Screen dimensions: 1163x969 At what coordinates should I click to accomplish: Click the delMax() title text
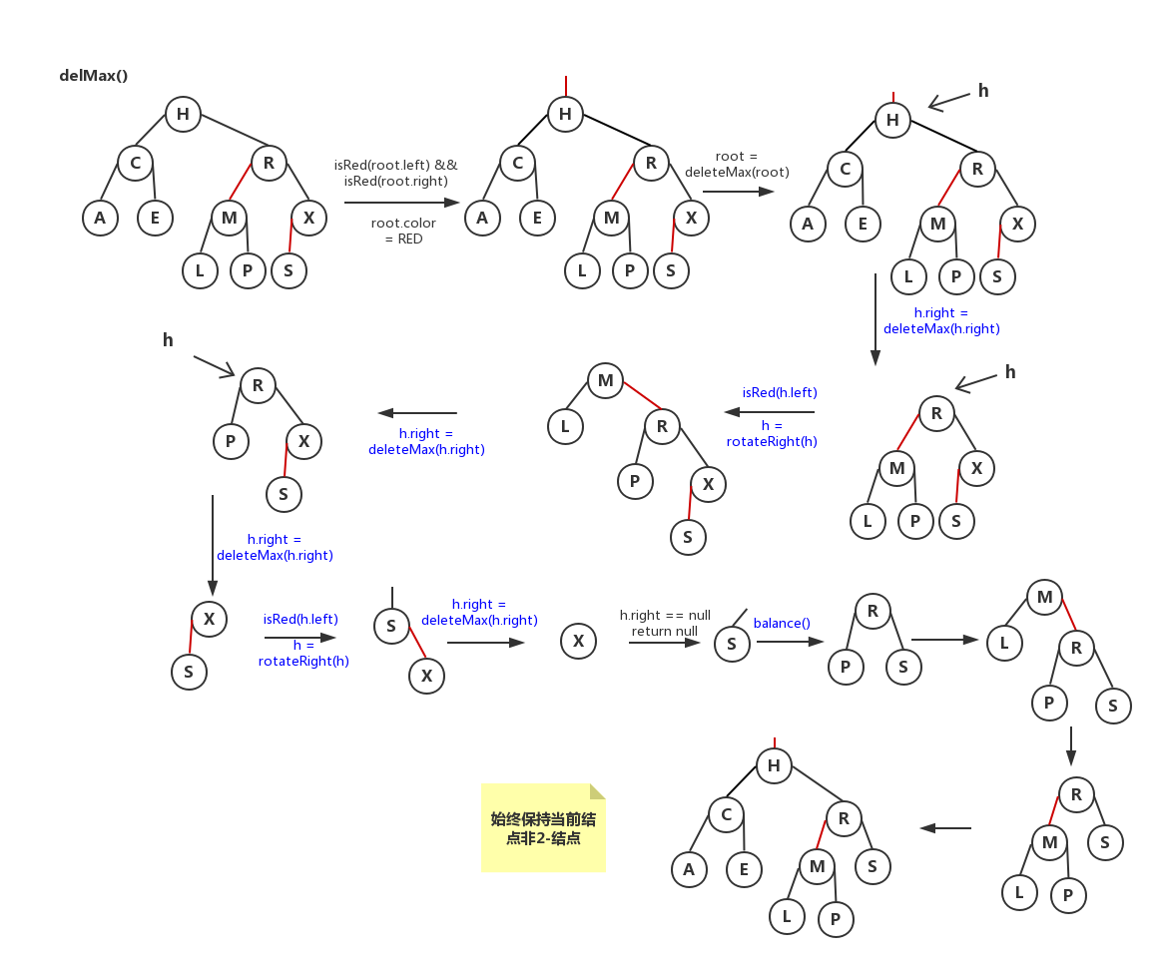(x=94, y=76)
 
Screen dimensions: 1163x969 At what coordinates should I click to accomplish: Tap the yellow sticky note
(x=543, y=828)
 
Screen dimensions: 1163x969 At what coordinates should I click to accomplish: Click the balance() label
(x=782, y=623)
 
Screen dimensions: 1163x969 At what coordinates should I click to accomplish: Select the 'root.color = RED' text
(x=403, y=232)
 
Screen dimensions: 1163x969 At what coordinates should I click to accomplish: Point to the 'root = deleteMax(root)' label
(x=737, y=165)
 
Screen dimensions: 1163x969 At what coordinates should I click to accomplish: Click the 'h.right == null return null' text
(x=665, y=623)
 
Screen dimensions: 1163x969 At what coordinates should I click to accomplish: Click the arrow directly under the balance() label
(x=790, y=642)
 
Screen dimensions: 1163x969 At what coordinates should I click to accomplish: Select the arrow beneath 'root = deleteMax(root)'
(x=738, y=191)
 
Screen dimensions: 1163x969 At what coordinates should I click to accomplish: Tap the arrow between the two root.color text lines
(x=401, y=203)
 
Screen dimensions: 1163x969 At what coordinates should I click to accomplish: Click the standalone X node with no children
(x=578, y=641)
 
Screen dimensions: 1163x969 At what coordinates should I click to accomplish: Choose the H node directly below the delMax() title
(x=183, y=114)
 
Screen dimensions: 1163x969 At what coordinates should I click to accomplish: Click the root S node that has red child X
(x=391, y=627)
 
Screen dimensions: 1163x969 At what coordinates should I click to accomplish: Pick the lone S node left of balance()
(x=732, y=644)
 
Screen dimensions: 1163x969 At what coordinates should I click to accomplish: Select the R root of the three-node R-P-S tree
(x=872, y=611)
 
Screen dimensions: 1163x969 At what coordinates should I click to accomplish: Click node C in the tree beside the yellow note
(x=726, y=814)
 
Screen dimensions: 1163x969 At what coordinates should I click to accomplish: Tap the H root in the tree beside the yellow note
(x=774, y=766)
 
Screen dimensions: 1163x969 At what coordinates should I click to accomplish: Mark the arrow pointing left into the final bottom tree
(x=945, y=827)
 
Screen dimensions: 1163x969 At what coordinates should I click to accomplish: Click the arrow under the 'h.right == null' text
(x=664, y=644)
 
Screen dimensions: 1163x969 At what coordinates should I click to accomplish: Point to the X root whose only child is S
(x=209, y=619)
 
